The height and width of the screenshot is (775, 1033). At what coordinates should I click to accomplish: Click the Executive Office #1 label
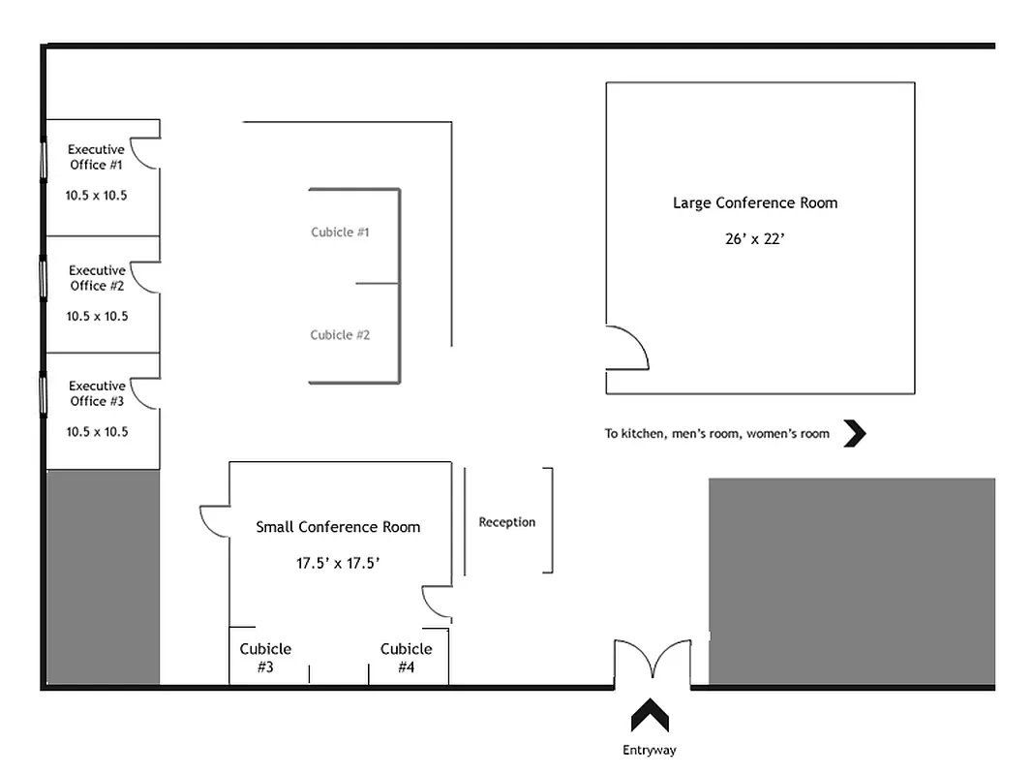coord(96,157)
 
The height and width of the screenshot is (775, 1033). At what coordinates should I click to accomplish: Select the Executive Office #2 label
coord(97,278)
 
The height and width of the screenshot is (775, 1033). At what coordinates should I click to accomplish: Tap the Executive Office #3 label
coord(97,393)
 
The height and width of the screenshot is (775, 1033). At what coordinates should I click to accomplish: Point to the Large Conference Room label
coord(755,202)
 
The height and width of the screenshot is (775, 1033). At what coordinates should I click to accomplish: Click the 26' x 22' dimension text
coord(754,239)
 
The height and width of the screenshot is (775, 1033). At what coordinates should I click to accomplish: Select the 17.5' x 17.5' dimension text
coord(338,562)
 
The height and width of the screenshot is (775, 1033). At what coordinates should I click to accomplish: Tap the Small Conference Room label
coord(338,527)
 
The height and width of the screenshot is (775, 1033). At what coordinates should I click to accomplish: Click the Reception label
coord(506,522)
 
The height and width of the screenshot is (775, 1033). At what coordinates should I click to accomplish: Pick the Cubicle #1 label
coord(340,232)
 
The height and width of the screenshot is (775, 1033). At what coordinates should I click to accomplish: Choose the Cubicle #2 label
coord(340,335)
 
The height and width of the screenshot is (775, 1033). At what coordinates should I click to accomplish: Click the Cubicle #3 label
coord(265,658)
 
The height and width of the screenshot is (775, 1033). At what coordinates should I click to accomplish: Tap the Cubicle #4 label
coord(406,658)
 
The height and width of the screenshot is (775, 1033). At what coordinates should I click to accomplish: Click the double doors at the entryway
coord(653,662)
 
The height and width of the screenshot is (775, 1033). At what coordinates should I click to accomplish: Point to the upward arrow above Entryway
coord(650,716)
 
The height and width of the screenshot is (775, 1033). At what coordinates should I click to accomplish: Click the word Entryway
coord(649,750)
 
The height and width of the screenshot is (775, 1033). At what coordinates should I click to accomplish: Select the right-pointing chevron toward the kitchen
coord(854,433)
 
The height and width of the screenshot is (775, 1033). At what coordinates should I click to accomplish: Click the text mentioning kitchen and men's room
coord(716,434)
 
